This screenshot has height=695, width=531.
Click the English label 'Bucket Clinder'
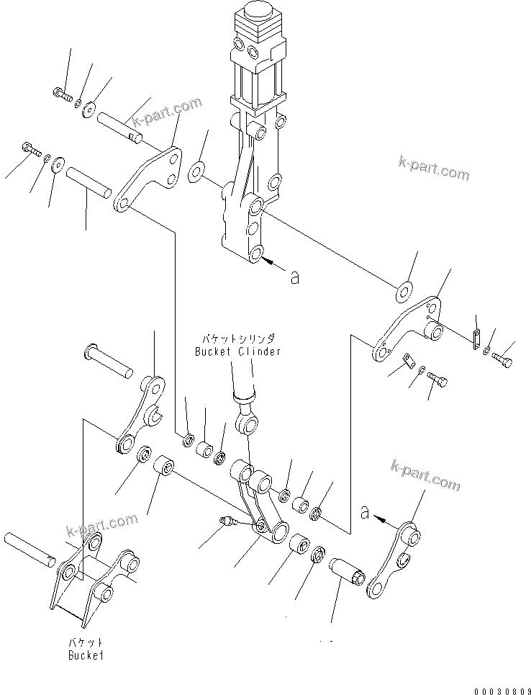point(237,351)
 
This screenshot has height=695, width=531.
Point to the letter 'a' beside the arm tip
point(294,276)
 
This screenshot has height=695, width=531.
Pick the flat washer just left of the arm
point(196,173)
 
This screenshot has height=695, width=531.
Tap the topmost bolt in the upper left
point(60,93)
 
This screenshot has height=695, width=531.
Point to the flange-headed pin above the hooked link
point(108,361)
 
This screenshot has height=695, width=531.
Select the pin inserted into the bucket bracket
point(29,549)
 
